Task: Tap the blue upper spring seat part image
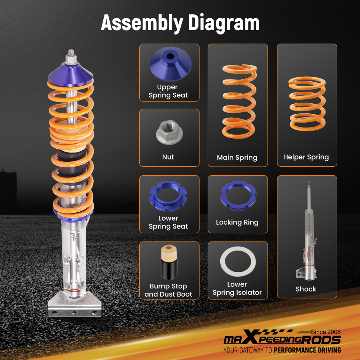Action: pyautogui.click(x=169, y=65)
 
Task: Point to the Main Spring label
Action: pyautogui.click(x=237, y=158)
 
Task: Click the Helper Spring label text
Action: pyautogui.click(x=306, y=157)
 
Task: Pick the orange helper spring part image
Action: pyautogui.click(x=307, y=104)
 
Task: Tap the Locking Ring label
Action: pyautogui.click(x=237, y=222)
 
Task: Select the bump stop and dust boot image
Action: pyautogui.click(x=168, y=263)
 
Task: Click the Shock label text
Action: pyautogui.click(x=306, y=289)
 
